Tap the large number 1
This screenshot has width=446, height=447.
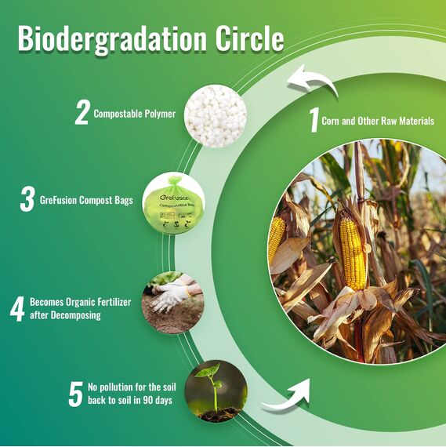pos(314,121)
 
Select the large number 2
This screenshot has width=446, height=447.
pos(82,113)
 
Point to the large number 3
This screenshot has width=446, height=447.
pos(27,200)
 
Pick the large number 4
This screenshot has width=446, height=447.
pos(17,308)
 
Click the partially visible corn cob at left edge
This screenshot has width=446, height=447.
pos(277,240)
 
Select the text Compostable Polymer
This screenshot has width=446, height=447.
pos(135,114)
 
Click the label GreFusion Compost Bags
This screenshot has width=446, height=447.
pos(86,201)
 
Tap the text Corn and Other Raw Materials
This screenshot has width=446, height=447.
pos(378,122)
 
